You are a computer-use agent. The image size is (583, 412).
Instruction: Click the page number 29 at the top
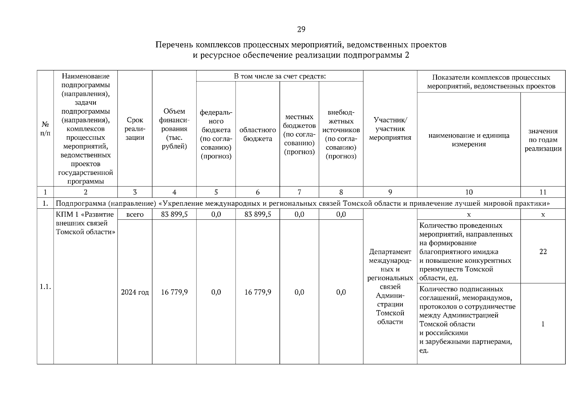[301, 30]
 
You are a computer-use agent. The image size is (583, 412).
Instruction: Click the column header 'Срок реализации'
[135, 129]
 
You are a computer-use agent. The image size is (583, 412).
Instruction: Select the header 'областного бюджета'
[258, 134]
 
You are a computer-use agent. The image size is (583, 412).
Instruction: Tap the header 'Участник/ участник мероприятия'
[390, 129]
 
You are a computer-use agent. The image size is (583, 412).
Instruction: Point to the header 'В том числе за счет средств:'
[279, 76]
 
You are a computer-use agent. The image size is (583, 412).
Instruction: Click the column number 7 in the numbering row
[299, 192]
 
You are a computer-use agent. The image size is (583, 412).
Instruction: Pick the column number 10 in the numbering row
[469, 192]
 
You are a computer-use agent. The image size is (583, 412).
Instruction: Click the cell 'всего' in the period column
[135, 215]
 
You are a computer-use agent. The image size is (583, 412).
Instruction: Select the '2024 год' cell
[135, 292]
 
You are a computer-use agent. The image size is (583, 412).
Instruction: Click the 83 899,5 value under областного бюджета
[258, 215]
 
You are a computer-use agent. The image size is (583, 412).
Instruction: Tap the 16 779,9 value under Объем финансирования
[174, 292]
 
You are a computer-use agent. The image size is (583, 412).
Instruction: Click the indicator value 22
[542, 252]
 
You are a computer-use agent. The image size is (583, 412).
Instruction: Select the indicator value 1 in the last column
[542, 324]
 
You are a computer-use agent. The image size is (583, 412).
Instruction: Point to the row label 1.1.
[45, 287]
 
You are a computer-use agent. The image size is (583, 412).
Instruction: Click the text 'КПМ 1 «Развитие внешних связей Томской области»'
[85, 223]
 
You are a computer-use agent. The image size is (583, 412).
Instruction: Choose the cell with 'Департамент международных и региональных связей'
[390, 287]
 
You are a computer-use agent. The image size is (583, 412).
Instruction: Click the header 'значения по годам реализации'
[542, 140]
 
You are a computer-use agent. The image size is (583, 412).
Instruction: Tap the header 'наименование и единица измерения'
[469, 140]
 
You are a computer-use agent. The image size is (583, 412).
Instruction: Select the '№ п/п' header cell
[45, 129]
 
